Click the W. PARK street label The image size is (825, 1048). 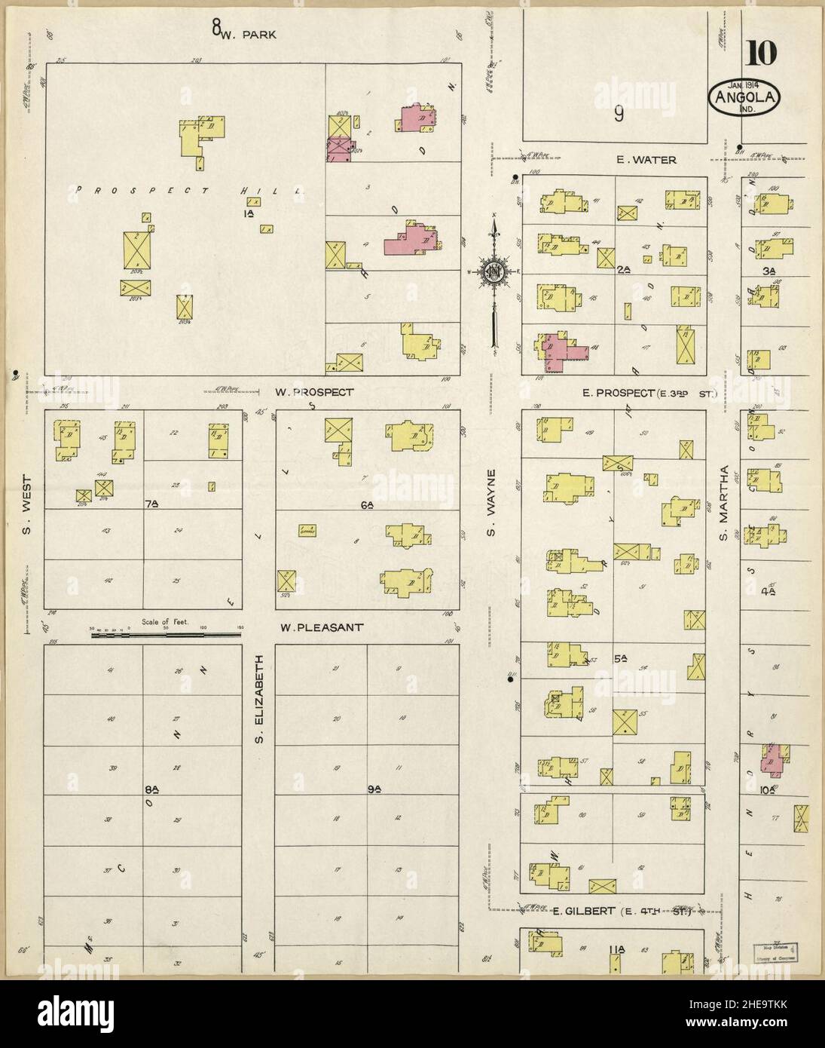252,33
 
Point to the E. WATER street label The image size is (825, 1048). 646,160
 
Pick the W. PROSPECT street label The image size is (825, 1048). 313,392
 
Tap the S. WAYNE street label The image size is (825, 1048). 490,503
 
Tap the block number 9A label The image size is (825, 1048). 374,789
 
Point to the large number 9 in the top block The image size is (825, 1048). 618,113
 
